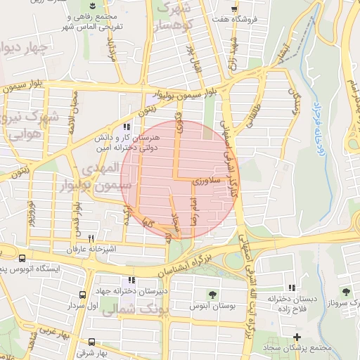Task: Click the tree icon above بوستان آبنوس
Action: point(212,293)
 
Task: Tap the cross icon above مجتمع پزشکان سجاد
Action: point(297,337)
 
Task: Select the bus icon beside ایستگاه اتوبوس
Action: point(23,259)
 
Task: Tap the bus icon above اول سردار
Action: point(83,295)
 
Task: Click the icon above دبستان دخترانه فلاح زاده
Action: point(292,288)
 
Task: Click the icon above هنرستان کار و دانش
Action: point(127,127)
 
